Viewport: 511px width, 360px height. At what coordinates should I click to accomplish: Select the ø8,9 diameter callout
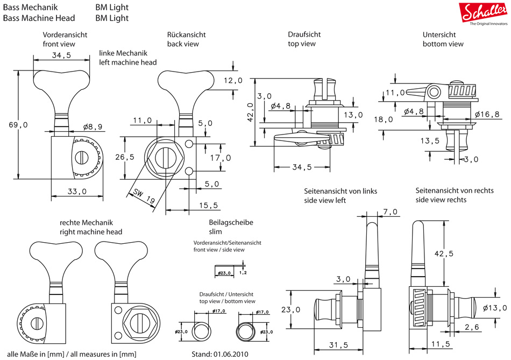(93, 127)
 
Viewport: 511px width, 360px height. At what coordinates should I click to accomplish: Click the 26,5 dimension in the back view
(124, 158)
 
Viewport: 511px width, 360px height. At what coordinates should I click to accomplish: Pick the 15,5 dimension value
(209, 205)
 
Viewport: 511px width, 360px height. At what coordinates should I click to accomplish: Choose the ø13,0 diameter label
(494, 308)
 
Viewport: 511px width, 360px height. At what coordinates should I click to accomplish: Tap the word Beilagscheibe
(231, 222)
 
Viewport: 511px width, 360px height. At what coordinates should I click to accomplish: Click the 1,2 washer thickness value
(243, 273)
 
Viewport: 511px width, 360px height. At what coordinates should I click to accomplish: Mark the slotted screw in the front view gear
(82, 157)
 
